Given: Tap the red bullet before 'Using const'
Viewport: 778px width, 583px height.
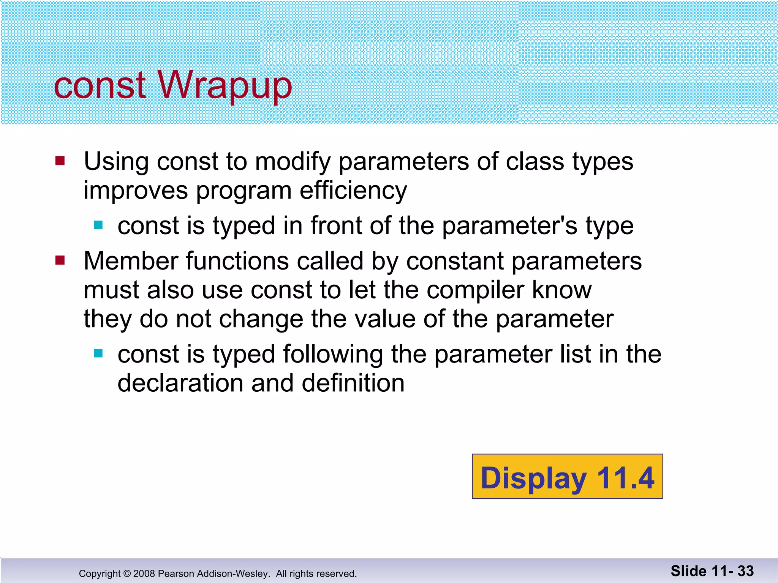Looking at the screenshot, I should point(60,161).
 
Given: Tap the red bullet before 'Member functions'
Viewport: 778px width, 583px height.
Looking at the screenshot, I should point(60,260).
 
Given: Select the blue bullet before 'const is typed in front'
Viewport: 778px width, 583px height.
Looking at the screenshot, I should point(98,225).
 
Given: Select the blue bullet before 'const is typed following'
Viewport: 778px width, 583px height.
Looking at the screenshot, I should point(98,354).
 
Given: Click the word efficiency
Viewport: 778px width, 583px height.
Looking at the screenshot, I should point(353,190).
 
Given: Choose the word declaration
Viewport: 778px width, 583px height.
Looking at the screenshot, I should point(180,383).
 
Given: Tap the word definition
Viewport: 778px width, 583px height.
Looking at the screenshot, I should point(353,383).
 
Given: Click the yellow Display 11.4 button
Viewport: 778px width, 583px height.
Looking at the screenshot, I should point(567,476).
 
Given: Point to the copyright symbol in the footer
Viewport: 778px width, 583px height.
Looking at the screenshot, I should point(127,574).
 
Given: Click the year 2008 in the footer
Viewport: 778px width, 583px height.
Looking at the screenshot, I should point(144,574).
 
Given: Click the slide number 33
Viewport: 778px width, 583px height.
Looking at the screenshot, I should point(745,571).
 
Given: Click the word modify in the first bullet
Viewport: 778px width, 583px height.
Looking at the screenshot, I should point(293,162).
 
